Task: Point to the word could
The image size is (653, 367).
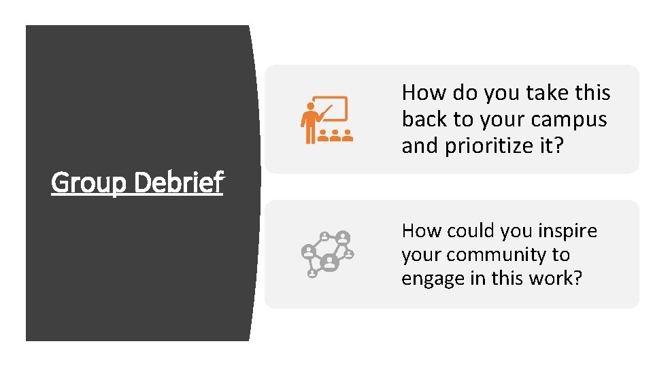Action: [471, 231]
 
